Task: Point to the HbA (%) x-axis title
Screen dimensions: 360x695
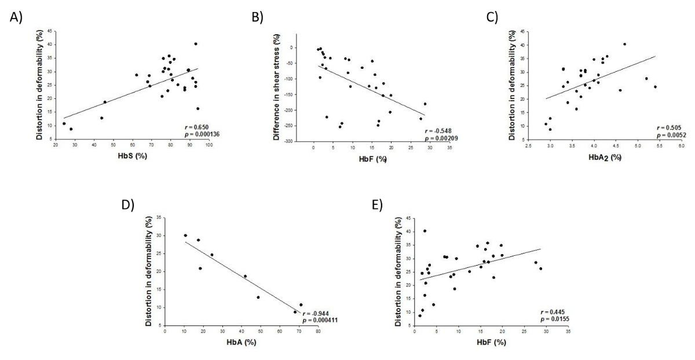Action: pos(240,342)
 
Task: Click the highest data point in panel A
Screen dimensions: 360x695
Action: pos(196,43)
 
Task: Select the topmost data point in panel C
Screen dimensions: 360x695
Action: pos(624,44)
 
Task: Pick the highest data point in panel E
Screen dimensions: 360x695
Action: pos(425,231)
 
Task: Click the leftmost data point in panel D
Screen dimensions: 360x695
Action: pos(185,236)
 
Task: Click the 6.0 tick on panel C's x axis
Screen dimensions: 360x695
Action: pos(682,146)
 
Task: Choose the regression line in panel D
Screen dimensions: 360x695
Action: pos(249,275)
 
